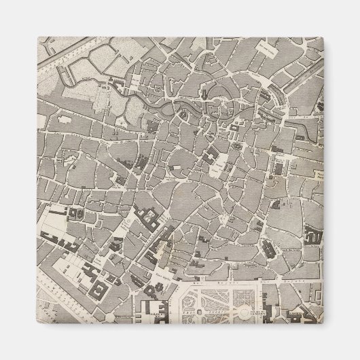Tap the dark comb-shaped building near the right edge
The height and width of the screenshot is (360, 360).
pyautogui.click(x=314, y=238)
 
